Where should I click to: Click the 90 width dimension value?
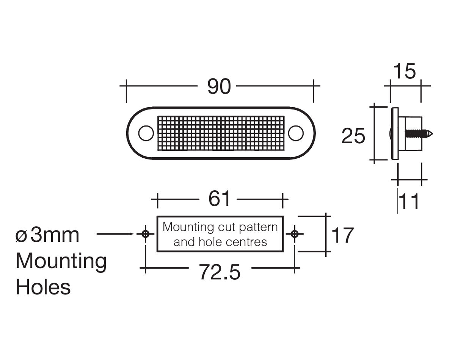[219, 86]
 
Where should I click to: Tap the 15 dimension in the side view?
[404, 71]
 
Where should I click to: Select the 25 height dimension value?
[353, 136]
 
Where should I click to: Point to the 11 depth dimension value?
[409, 202]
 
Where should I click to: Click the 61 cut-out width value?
[220, 198]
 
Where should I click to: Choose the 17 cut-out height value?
[342, 235]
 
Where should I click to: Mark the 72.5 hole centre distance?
[220, 272]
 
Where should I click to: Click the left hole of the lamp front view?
[146, 133]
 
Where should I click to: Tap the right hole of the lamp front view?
[296, 133]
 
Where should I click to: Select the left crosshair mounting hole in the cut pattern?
[145, 234]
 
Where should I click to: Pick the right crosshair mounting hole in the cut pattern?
[295, 234]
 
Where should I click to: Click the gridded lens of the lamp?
[221, 133]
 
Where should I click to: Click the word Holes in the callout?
[43, 287]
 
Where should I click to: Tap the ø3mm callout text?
[47, 235]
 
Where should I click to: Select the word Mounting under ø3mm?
[61, 261]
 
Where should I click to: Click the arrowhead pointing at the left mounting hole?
[133, 234]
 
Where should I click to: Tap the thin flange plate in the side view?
[395, 133]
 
